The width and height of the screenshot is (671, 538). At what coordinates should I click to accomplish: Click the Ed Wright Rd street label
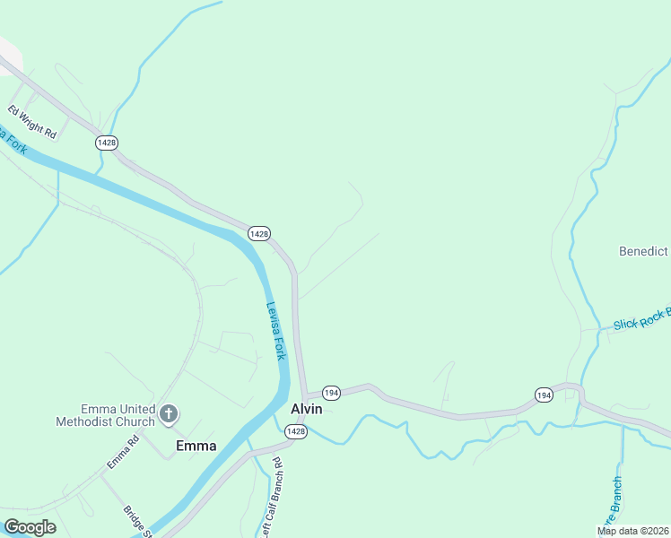coord(32,123)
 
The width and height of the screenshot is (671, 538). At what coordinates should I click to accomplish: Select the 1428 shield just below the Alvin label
coord(297,432)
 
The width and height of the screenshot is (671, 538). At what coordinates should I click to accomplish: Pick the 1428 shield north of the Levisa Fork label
coord(259,233)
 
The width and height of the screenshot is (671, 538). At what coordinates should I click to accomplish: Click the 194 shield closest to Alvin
coord(331,394)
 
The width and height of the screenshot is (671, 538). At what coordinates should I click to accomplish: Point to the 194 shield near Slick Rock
coord(544,395)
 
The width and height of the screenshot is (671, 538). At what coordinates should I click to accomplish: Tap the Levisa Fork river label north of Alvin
coord(276,330)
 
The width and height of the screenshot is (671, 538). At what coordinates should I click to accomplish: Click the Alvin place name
coord(307,409)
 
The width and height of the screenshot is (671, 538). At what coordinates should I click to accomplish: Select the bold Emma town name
coord(196,446)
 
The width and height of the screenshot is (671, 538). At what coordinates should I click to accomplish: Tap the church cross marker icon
coord(168,414)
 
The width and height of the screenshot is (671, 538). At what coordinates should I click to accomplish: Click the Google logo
coord(30,527)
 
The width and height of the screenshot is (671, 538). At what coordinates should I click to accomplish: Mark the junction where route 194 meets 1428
coord(304,395)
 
